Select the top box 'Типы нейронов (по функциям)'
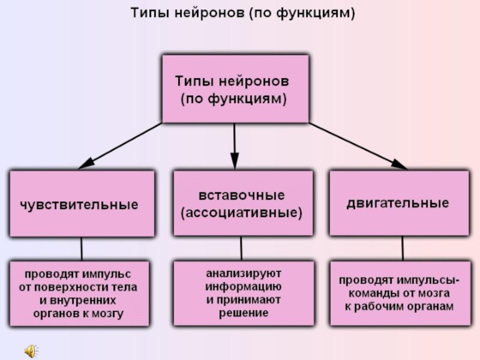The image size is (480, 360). pyautogui.click(x=235, y=89)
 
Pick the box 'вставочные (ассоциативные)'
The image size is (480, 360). pyautogui.click(x=242, y=204)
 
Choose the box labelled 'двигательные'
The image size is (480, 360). pyautogui.click(x=398, y=203)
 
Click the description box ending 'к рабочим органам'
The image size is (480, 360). pyautogui.click(x=398, y=292)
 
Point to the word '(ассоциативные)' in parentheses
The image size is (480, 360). pyautogui.click(x=242, y=212)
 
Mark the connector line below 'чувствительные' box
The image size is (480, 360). pyautogui.click(x=82, y=248)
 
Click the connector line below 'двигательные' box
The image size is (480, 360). pyautogui.click(x=403, y=247)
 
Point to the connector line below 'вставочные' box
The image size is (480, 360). pyautogui.click(x=241, y=248)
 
